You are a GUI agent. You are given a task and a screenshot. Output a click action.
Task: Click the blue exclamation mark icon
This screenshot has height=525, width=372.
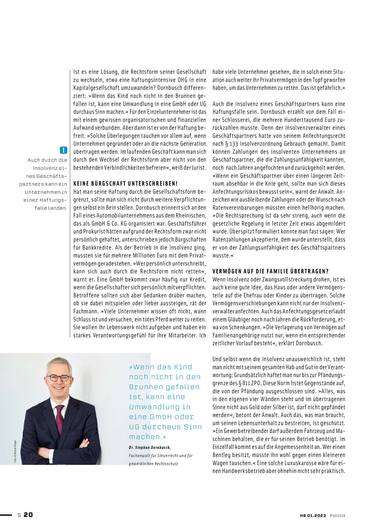click(x=64, y=150)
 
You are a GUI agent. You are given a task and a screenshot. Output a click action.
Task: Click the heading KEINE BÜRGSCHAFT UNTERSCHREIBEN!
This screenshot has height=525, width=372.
click(x=125, y=184)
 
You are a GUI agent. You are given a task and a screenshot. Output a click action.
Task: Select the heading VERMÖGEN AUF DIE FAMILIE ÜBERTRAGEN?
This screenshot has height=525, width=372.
click(x=270, y=271)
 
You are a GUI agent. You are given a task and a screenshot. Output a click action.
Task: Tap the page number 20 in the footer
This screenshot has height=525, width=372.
click(x=28, y=515)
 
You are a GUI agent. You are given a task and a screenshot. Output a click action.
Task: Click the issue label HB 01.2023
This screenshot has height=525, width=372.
click(x=313, y=515)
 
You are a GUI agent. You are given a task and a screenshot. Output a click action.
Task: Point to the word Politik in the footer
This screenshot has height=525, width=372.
click(x=337, y=515)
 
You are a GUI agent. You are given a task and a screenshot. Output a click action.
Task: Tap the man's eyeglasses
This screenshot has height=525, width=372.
click(x=59, y=378)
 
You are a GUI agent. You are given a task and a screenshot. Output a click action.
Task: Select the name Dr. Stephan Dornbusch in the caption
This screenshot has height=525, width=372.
click(x=150, y=447)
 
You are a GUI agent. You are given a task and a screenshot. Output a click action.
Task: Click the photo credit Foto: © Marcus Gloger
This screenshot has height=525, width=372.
click(x=15, y=451)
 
